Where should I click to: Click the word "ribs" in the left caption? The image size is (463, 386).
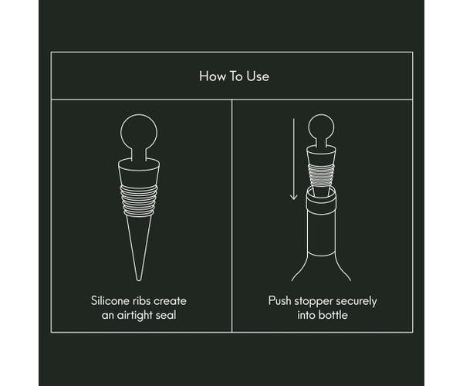click(x=154, y=300)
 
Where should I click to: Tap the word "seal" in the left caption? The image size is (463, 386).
click(x=174, y=314)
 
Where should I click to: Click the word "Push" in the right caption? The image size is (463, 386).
click(x=281, y=300)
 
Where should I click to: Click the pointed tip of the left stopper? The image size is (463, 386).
click(x=139, y=276)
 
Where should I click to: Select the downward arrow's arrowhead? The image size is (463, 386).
click(x=293, y=198)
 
